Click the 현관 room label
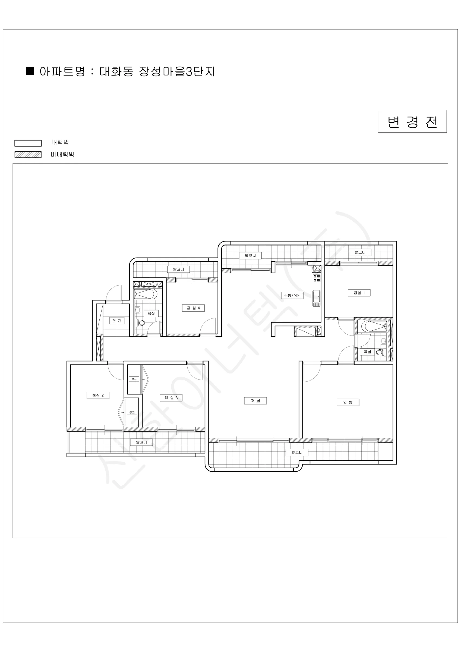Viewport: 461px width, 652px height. click(x=117, y=321)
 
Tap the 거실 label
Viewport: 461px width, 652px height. click(x=255, y=401)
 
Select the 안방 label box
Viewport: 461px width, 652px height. click(x=348, y=402)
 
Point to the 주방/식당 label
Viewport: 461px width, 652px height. click(x=292, y=295)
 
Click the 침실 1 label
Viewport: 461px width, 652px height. click(x=359, y=293)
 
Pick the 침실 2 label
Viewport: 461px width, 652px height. click(x=98, y=395)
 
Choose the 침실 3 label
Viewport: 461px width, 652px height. click(x=171, y=398)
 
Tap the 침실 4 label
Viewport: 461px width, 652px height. click(x=193, y=308)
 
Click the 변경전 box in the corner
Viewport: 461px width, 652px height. click(x=412, y=121)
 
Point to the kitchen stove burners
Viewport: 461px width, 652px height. click(x=317, y=278)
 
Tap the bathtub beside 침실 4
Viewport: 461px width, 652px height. click(x=145, y=294)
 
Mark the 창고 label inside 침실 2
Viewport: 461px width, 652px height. click(x=132, y=412)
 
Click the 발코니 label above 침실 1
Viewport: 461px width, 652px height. click(x=360, y=252)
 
